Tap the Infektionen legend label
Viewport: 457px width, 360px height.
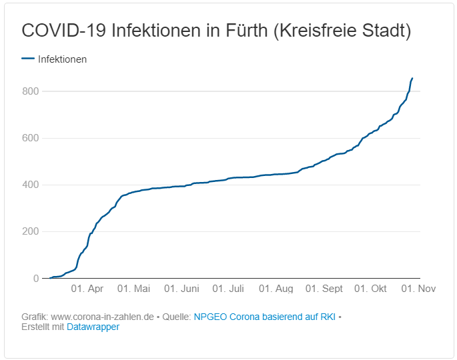(x=62, y=59)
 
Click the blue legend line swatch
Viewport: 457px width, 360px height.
(x=27, y=59)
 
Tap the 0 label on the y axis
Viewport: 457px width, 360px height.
(x=36, y=279)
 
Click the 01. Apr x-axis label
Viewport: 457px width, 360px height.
(x=87, y=289)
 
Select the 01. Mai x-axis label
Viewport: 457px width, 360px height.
(x=133, y=289)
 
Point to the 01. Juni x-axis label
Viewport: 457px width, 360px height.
(x=181, y=289)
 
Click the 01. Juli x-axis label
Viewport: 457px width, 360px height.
(x=228, y=289)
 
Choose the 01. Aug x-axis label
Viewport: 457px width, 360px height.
(x=276, y=289)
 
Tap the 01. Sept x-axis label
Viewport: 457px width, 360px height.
(x=324, y=289)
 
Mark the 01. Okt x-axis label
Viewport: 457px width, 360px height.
(x=370, y=289)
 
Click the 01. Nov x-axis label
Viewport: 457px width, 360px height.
(x=418, y=289)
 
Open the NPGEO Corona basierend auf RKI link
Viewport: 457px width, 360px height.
(x=264, y=317)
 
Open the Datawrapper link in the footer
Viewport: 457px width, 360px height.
(x=93, y=327)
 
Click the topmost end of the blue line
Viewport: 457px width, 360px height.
(x=412, y=78)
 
